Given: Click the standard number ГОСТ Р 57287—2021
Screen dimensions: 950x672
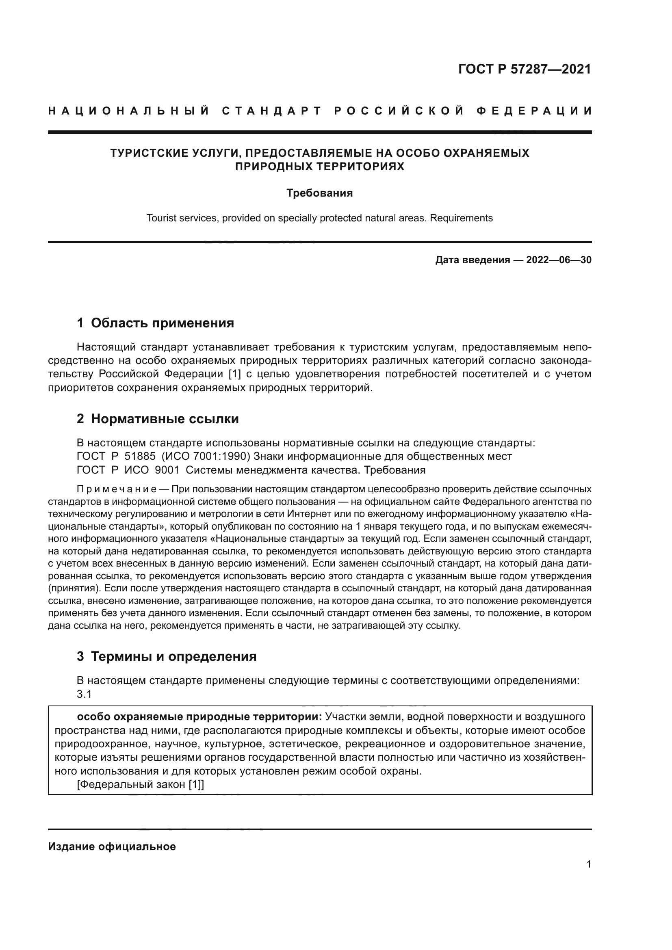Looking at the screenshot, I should pos(524,69).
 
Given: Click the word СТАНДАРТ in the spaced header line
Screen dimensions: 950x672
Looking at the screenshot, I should pos(272,111).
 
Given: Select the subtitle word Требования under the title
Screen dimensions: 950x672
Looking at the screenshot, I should pos(319,193).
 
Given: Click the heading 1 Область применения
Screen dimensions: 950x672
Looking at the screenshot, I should pos(155,323).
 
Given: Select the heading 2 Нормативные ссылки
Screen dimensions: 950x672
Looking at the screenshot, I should pos(158,419).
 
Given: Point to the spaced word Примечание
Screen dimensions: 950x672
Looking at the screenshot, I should pos(116,489).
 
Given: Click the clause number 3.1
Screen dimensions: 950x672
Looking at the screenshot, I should pos(84,694).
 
